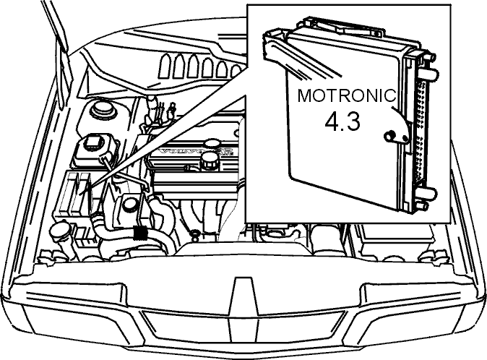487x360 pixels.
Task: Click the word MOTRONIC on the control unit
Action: click(347, 95)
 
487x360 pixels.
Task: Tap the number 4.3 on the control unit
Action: click(342, 121)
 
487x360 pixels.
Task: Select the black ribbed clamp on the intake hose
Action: click(140, 233)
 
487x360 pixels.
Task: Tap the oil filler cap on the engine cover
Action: click(210, 160)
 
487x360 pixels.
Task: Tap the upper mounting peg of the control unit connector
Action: click(428, 74)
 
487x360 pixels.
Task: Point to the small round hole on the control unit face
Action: click(389, 136)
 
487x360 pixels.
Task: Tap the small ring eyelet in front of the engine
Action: click(195, 233)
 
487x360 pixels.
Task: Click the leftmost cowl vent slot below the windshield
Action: click(165, 64)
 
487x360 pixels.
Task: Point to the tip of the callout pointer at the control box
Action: click(80, 195)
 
